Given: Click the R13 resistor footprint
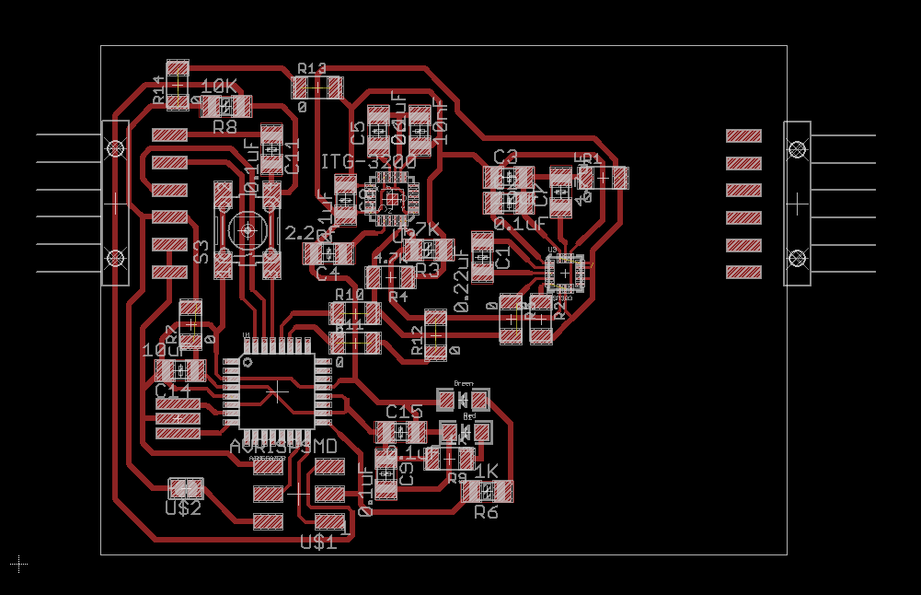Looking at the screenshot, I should pyautogui.click(x=317, y=88).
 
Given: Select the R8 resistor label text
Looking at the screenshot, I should pyautogui.click(x=224, y=127).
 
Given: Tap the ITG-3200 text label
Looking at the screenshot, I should pyautogui.click(x=368, y=162).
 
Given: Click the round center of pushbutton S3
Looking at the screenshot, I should pyautogui.click(x=248, y=230).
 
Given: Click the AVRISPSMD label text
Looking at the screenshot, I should pyautogui.click(x=282, y=446).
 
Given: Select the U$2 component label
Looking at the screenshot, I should pyautogui.click(x=182, y=507).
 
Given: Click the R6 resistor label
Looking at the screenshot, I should pyautogui.click(x=486, y=511).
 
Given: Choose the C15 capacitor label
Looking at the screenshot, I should pyautogui.click(x=404, y=412).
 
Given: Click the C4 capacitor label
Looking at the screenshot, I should pyautogui.click(x=328, y=273).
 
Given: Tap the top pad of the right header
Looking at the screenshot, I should pyautogui.click(x=743, y=136).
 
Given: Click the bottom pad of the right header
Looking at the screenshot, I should pyautogui.click(x=743, y=273).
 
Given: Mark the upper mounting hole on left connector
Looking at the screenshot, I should pyautogui.click(x=115, y=148).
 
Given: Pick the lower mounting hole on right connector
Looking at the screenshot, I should pyautogui.click(x=797, y=257).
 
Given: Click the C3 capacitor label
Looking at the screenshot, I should pyautogui.click(x=505, y=156).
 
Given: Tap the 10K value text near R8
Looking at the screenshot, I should pyautogui.click(x=219, y=87).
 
